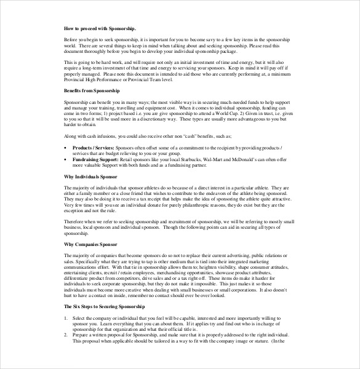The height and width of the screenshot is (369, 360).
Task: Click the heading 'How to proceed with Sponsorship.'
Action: click(x=100, y=29)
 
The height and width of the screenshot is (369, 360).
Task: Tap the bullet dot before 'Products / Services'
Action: click(x=66, y=149)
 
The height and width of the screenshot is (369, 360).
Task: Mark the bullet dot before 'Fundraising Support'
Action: click(x=66, y=159)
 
